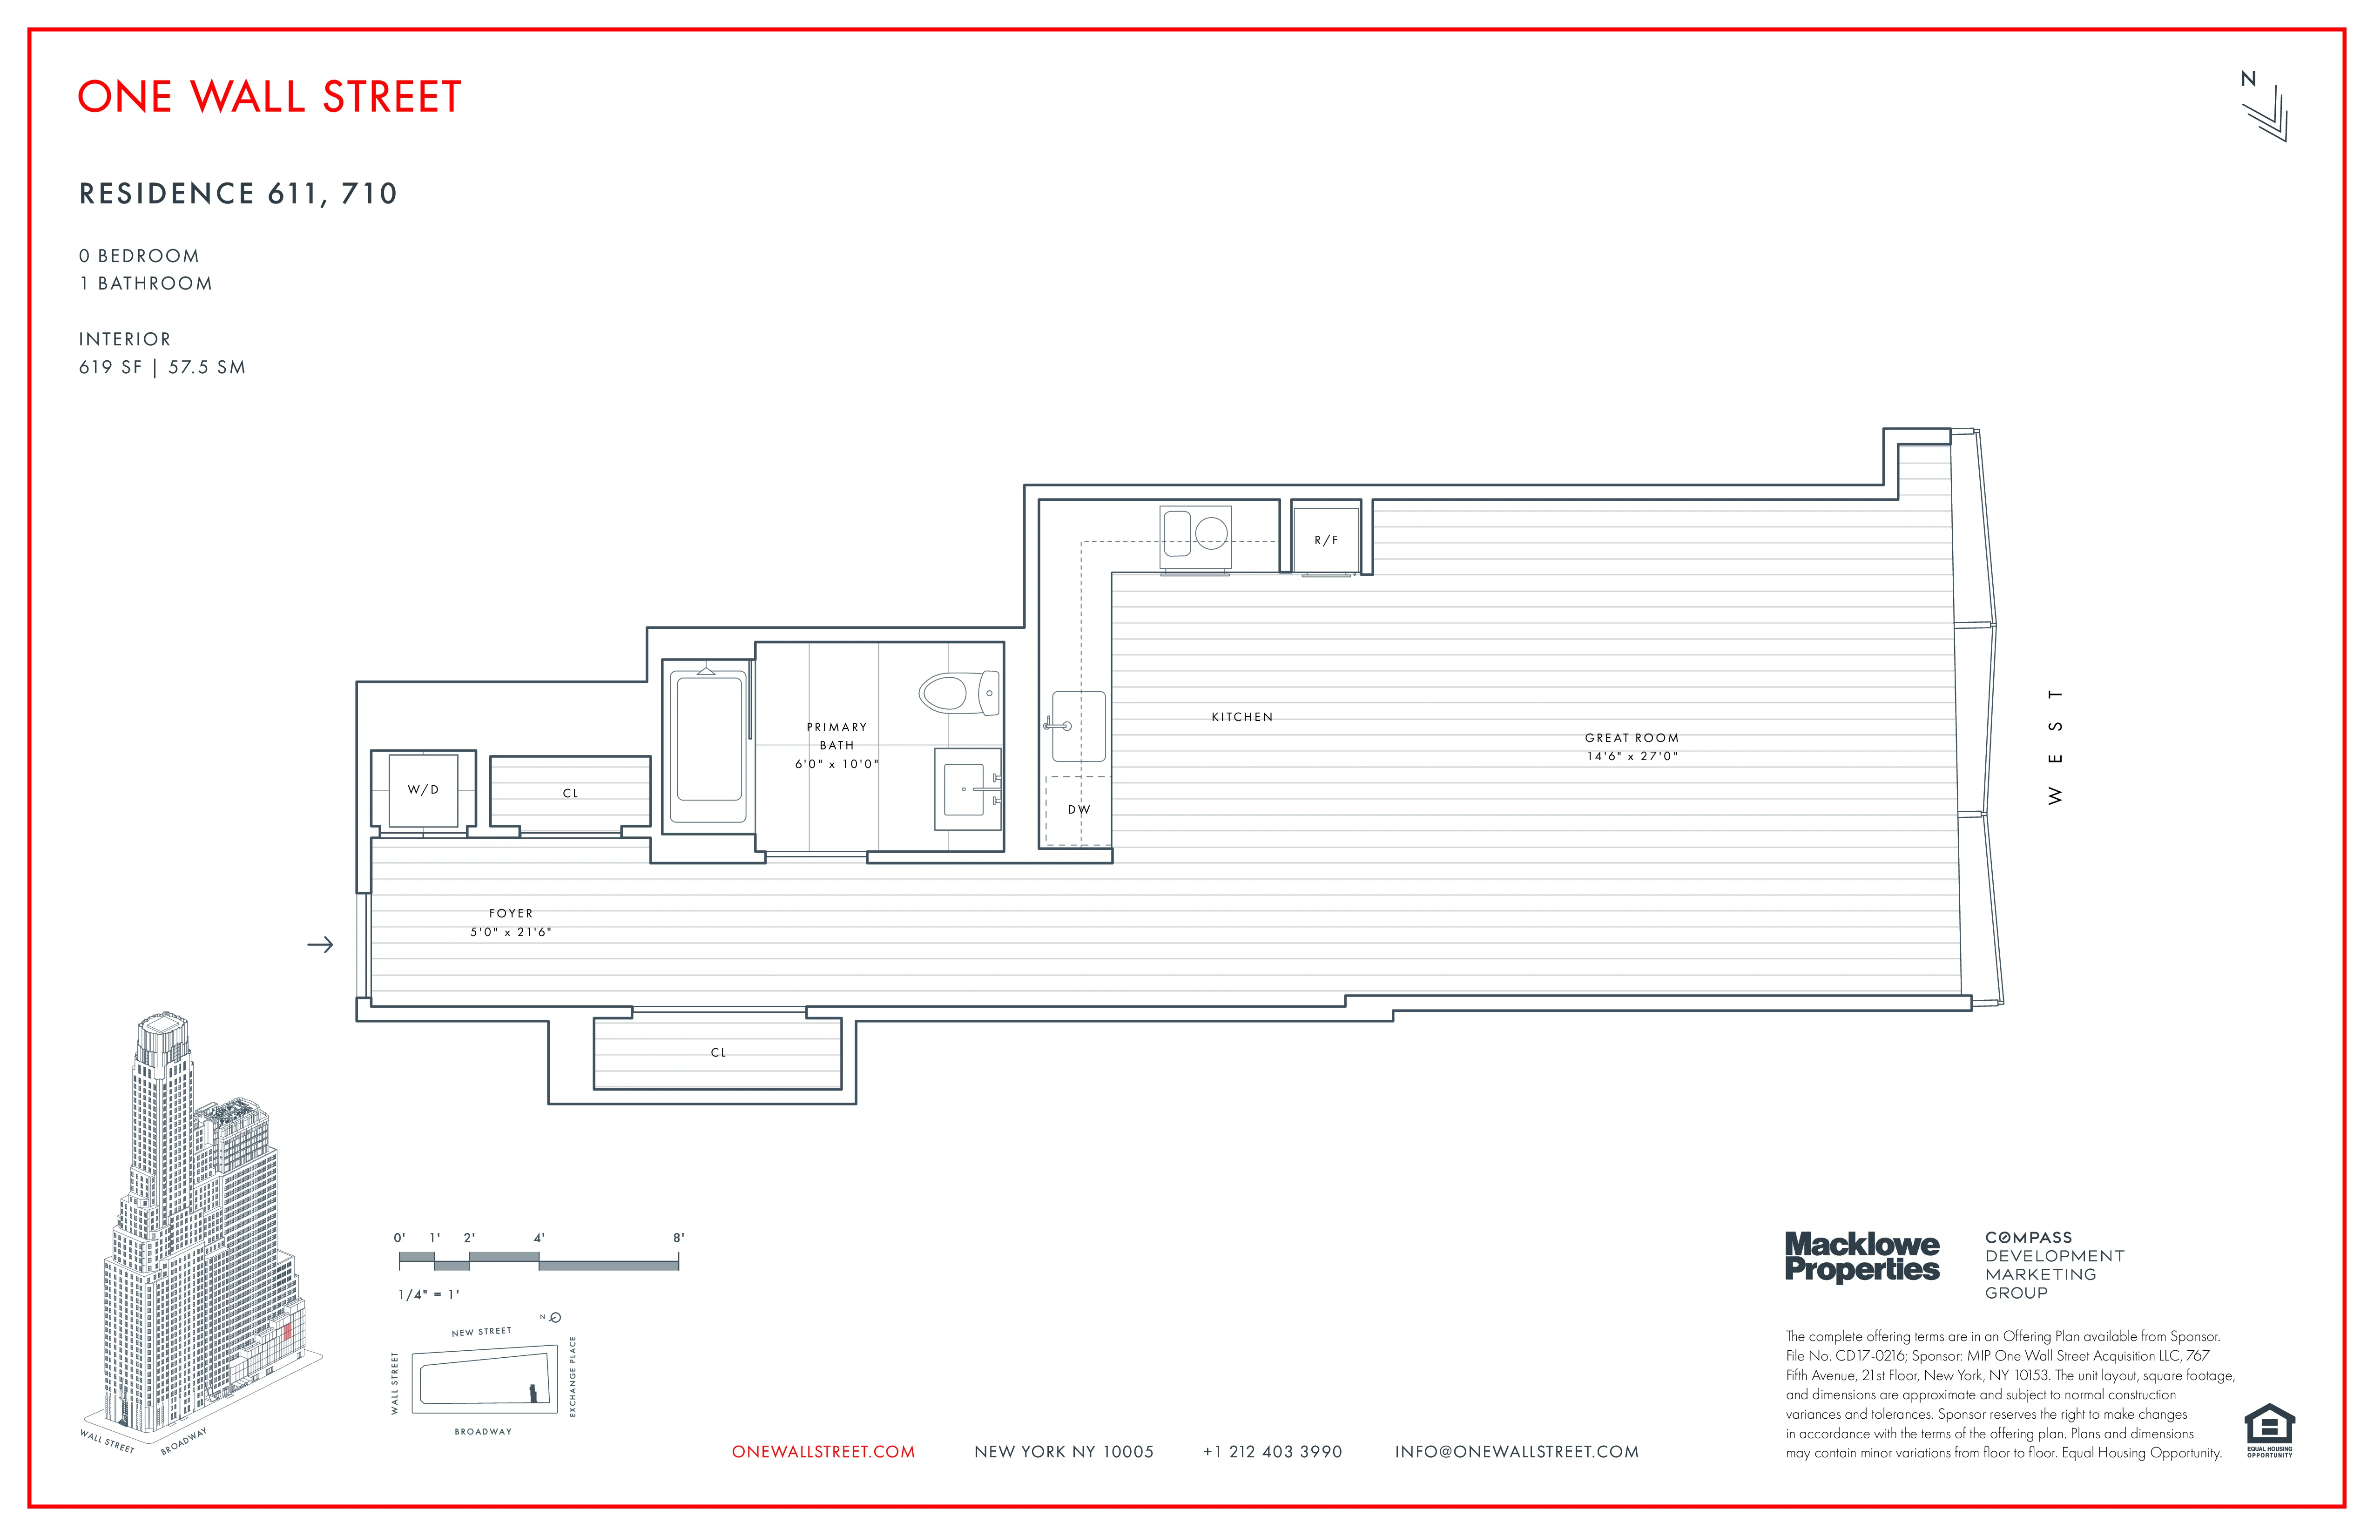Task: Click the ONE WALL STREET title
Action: tap(270, 97)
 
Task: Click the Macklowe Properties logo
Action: tap(1861, 1257)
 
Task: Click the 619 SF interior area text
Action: tap(111, 367)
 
